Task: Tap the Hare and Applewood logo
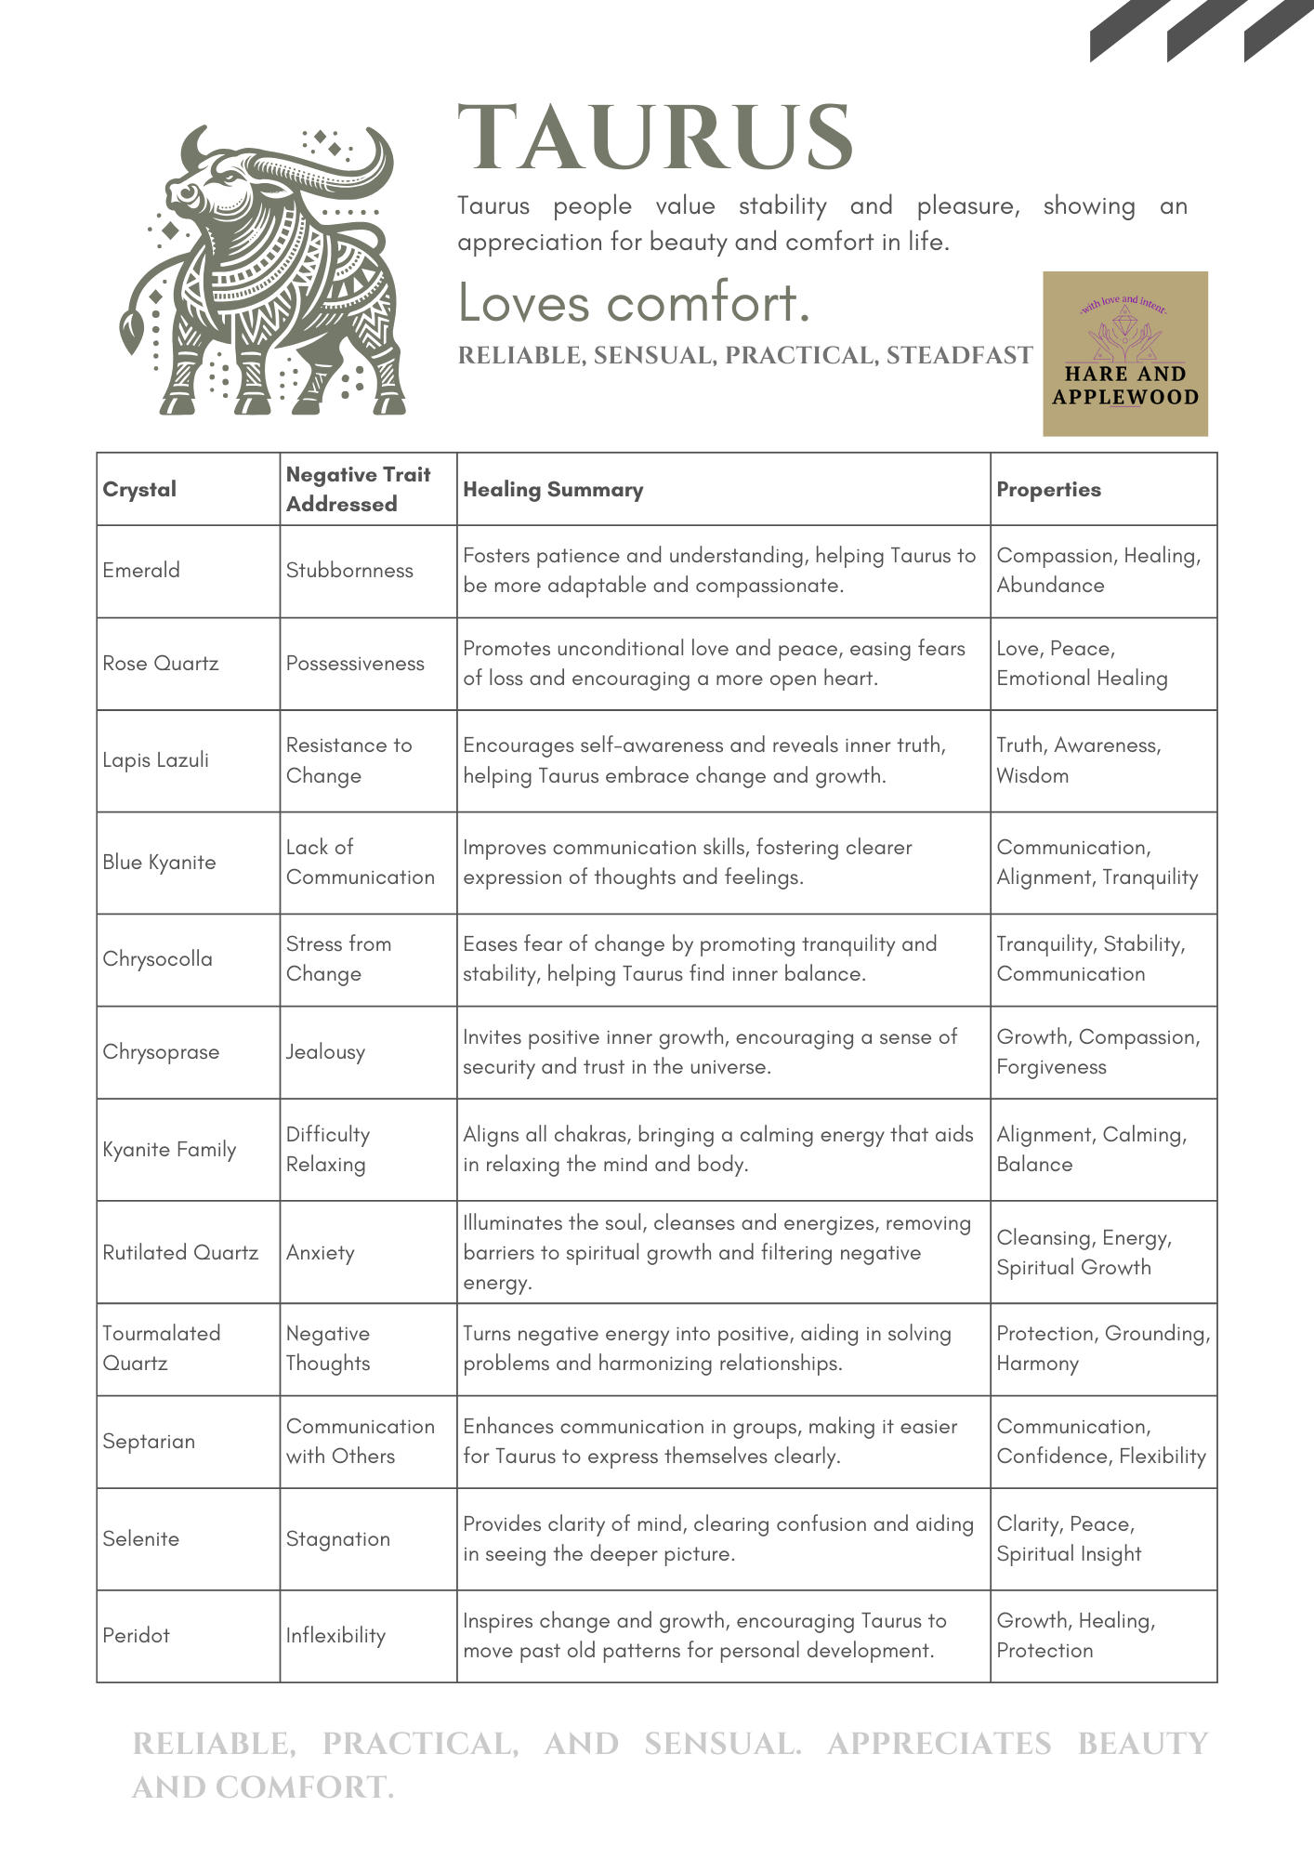(1124, 354)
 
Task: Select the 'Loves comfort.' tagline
(635, 303)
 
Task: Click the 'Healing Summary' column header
(553, 490)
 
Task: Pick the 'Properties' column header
(1048, 490)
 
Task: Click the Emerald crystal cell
(141, 571)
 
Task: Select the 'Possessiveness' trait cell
(355, 664)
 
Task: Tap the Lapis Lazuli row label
(156, 760)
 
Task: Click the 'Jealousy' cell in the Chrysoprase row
(325, 1052)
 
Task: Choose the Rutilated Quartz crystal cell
(180, 1253)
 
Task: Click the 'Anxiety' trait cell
(321, 1253)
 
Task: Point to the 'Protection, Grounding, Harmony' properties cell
(1102, 1349)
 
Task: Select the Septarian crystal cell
(149, 1442)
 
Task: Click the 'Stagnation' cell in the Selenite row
(338, 1539)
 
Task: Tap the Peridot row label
(137, 1636)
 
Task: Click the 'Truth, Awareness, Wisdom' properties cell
(1078, 760)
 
